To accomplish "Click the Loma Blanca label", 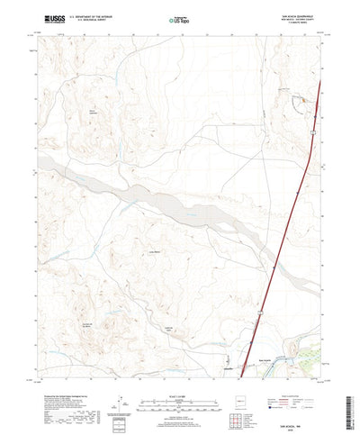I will click(x=154, y=253).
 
